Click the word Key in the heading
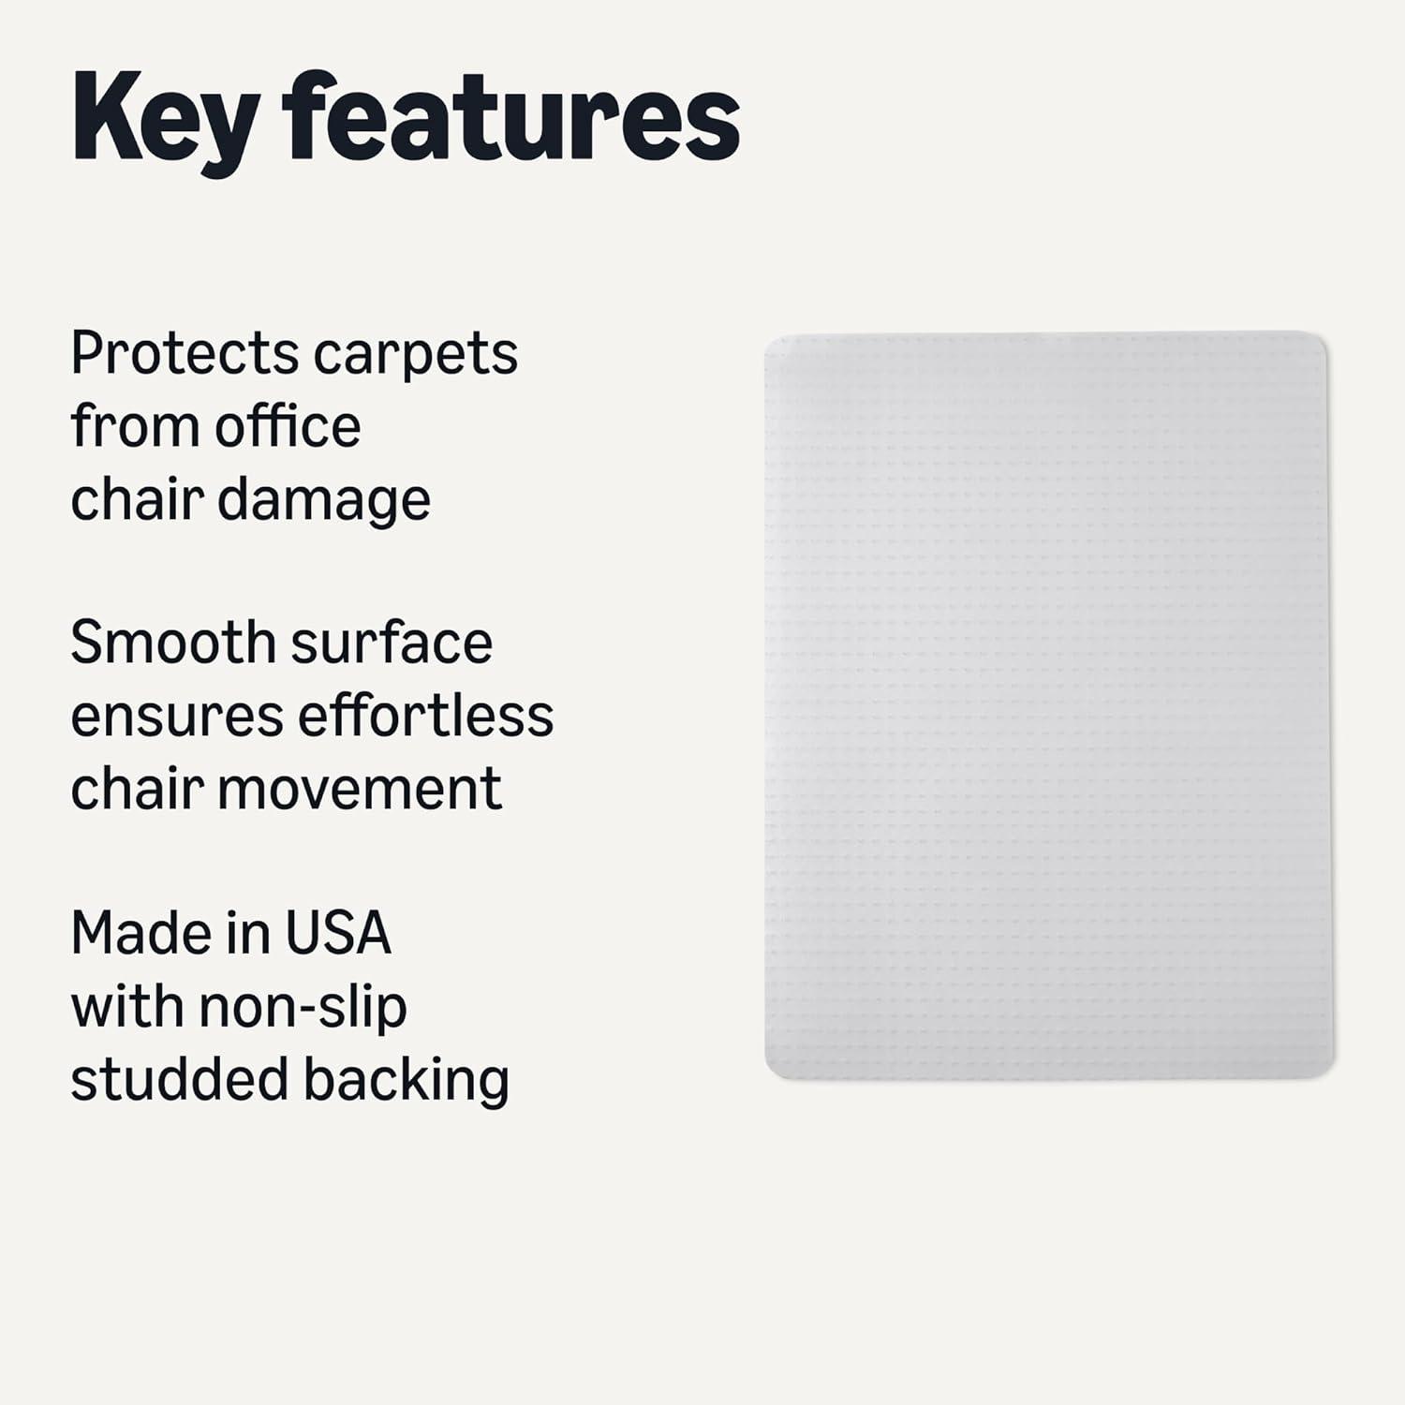click(x=165, y=122)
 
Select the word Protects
click(x=184, y=354)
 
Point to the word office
click(x=288, y=426)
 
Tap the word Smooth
click(x=171, y=643)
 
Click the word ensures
click(x=177, y=718)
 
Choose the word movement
click(x=360, y=789)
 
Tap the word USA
click(x=337, y=933)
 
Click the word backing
click(x=406, y=1082)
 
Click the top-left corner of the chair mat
click(x=767, y=337)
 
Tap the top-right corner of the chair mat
click(x=1325, y=334)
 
